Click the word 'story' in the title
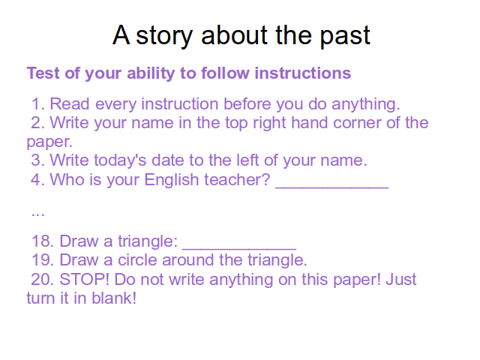[x=164, y=36]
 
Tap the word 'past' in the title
[x=345, y=37]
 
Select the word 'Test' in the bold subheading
[x=43, y=73]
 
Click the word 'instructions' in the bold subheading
[x=303, y=73]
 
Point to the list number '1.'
[x=38, y=104]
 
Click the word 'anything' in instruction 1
[x=366, y=105]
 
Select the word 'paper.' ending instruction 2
[x=49, y=142]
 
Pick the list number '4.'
[x=38, y=180]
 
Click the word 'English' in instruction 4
[x=172, y=180]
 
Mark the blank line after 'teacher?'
[x=332, y=187]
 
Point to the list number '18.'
[x=43, y=241]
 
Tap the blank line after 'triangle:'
[x=239, y=249]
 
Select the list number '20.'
[x=42, y=280]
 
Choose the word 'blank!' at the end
[x=114, y=298]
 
